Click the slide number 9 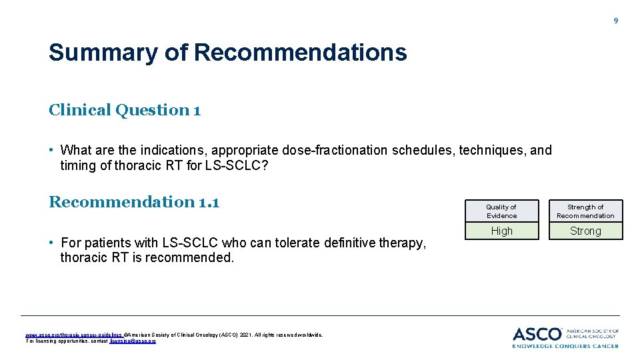[615, 21]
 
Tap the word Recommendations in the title [300, 52]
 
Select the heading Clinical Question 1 [125, 110]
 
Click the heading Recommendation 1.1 [134, 201]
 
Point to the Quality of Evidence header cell [501, 211]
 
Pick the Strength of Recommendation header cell [585, 211]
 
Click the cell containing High [501, 231]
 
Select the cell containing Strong [585, 231]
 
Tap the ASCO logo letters [537, 333]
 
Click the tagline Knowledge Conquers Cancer [565, 345]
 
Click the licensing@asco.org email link [133, 341]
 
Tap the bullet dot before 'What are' [52, 150]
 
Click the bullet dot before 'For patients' [52, 243]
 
